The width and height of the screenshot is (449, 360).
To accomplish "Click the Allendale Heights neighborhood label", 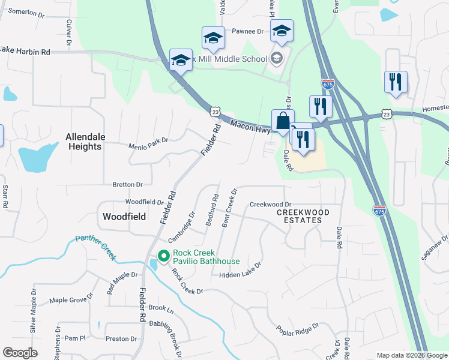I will click(85, 142).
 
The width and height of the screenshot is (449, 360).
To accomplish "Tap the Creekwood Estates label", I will click(303, 217).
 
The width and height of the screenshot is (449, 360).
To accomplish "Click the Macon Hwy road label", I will click(249, 127).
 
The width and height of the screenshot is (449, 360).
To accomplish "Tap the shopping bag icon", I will click(283, 120).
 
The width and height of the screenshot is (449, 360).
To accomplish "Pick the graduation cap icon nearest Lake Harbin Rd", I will click(181, 59).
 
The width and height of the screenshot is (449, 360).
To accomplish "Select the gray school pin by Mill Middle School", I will click(277, 58).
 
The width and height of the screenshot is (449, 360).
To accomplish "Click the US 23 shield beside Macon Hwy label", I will click(216, 112).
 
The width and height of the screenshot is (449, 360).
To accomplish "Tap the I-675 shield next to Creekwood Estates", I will click(379, 211).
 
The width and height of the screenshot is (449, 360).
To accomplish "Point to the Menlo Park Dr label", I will click(148, 145).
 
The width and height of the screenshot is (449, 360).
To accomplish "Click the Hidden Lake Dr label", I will click(241, 271).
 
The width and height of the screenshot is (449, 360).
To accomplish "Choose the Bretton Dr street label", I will click(127, 185).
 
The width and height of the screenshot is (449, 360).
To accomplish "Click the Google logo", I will click(20, 353).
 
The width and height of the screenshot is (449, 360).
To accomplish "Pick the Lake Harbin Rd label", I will click(25, 52).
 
